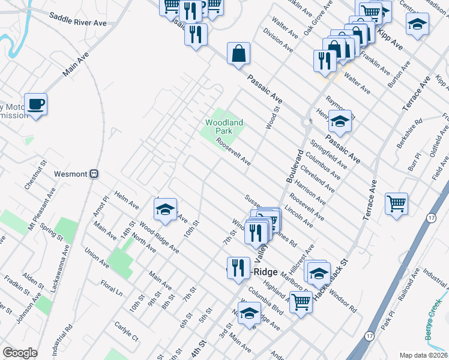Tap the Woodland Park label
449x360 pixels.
click(224, 127)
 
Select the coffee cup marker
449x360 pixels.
click(35, 104)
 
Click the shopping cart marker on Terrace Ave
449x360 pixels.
click(396, 203)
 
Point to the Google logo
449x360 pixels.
click(20, 353)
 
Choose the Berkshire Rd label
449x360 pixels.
click(410, 138)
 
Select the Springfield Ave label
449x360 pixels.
click(328, 154)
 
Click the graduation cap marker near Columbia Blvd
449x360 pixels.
click(249, 313)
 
